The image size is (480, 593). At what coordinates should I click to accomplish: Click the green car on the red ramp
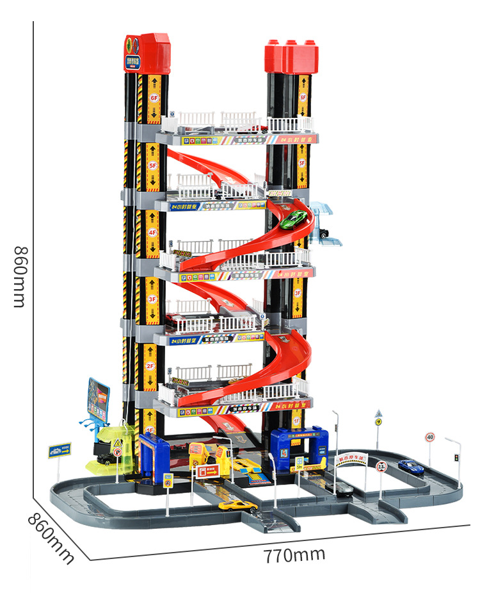click(x=294, y=219)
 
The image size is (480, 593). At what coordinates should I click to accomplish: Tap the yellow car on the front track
click(x=237, y=506)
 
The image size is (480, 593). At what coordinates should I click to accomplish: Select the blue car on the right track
click(x=410, y=465)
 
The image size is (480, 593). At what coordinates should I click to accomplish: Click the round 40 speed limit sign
click(x=429, y=437)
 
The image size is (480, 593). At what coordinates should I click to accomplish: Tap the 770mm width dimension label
click(x=294, y=554)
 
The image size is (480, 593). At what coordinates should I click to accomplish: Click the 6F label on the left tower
click(x=154, y=98)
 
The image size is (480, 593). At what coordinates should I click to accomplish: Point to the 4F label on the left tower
click(x=152, y=231)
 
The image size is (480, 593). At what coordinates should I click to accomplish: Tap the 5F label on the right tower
click(x=302, y=163)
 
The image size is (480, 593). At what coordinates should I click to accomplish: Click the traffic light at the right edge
click(x=456, y=458)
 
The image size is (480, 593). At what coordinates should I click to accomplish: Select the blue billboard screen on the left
click(x=98, y=399)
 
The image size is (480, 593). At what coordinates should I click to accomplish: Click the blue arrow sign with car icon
click(x=60, y=450)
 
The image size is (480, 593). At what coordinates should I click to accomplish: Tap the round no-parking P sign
click(x=117, y=452)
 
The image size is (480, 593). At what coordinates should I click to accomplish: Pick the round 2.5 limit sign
click(x=381, y=466)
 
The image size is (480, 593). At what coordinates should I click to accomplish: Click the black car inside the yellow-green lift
click(x=105, y=456)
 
